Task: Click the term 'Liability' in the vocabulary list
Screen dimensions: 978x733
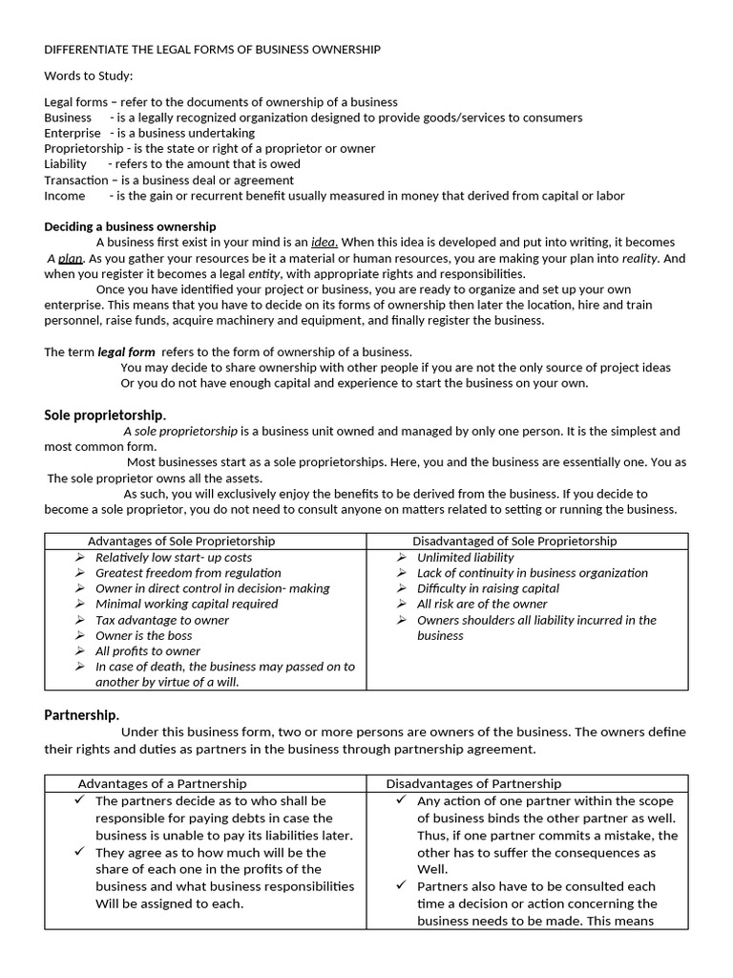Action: click(x=66, y=164)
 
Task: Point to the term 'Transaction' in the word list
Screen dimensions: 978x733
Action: click(x=76, y=181)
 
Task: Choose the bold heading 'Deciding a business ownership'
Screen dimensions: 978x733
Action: click(x=131, y=226)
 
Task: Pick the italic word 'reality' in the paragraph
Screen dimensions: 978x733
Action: click(x=639, y=259)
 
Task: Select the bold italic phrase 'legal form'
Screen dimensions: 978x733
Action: click(x=126, y=351)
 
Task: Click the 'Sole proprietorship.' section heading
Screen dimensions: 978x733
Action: click(x=105, y=415)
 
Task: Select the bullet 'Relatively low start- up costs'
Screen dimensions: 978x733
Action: click(x=174, y=558)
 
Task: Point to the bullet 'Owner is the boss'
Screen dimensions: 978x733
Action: click(x=143, y=636)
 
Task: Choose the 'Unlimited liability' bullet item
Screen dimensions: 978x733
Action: click(x=465, y=558)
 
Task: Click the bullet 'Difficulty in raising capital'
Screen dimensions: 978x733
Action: click(x=488, y=589)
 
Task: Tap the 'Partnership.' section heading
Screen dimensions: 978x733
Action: click(x=82, y=714)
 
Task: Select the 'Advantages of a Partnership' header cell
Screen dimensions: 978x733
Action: click(x=162, y=784)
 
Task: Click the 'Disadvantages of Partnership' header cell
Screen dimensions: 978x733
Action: click(x=473, y=784)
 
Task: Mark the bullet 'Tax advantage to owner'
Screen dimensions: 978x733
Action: click(x=162, y=621)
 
